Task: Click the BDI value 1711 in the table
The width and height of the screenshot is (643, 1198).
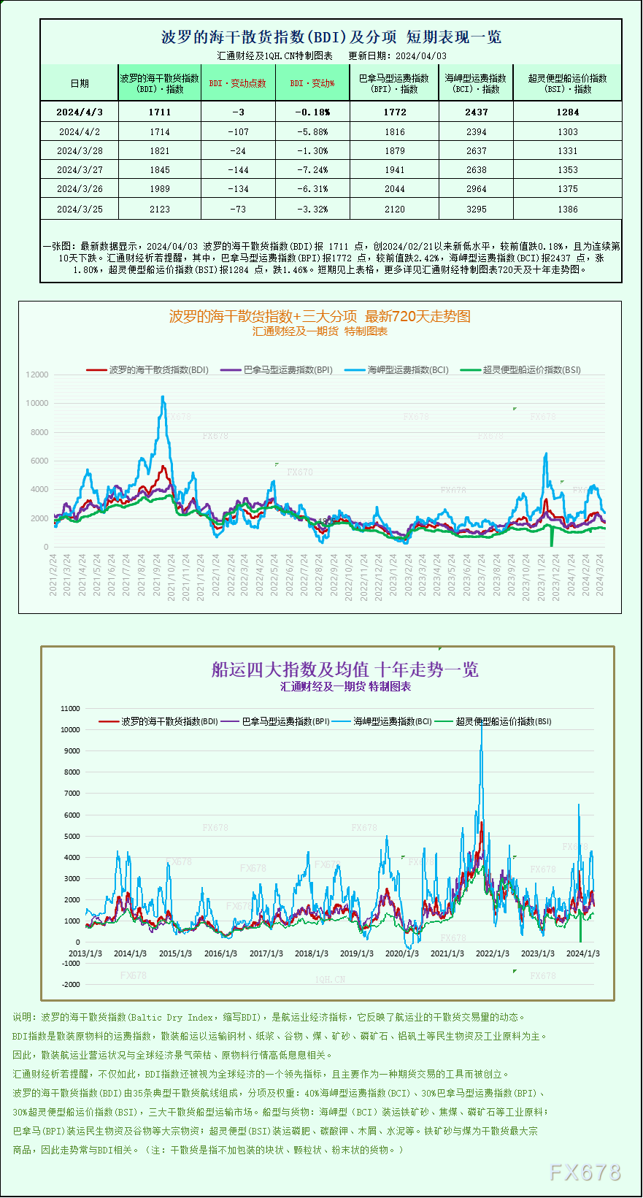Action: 159,112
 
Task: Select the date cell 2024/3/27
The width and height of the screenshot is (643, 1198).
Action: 80,170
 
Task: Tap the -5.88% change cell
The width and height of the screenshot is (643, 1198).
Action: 312,132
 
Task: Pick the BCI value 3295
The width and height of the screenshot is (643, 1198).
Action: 476,210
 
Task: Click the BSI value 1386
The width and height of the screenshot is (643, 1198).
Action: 567,210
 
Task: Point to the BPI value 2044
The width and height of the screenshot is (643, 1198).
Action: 394,189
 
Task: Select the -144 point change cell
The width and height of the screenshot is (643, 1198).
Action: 238,170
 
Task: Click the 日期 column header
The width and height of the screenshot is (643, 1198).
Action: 80,83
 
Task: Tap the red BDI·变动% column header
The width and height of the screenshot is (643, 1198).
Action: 312,83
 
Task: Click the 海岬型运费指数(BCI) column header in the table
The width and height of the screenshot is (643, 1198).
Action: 476,83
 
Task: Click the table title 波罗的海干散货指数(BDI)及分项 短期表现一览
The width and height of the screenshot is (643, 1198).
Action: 331,37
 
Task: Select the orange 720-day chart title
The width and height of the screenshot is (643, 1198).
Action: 320,316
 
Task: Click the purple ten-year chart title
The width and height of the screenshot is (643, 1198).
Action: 344,669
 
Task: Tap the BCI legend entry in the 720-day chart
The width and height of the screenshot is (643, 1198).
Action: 398,370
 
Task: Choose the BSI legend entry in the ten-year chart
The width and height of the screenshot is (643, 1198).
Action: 494,721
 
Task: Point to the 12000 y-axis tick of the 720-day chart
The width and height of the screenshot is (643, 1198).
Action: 37,375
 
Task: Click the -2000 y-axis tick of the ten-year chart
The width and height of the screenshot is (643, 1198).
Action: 71,984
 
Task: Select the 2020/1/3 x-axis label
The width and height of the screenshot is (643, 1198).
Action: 401,953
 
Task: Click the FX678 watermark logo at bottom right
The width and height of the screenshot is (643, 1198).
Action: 585,1172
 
